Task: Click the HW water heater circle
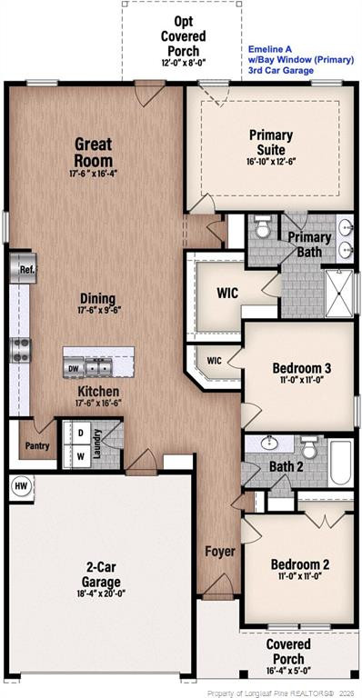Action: tap(21, 487)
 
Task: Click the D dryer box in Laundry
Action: tap(81, 433)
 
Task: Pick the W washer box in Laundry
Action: tap(81, 455)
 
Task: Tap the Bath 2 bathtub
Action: tap(341, 463)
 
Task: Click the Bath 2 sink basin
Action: tap(269, 444)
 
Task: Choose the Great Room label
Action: tap(93, 152)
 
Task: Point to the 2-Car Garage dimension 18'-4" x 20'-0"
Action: tap(100, 593)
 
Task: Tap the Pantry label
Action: tap(37, 445)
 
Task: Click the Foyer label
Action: tap(219, 552)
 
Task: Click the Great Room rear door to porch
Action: tap(149, 93)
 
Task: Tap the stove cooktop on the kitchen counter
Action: tap(20, 350)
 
